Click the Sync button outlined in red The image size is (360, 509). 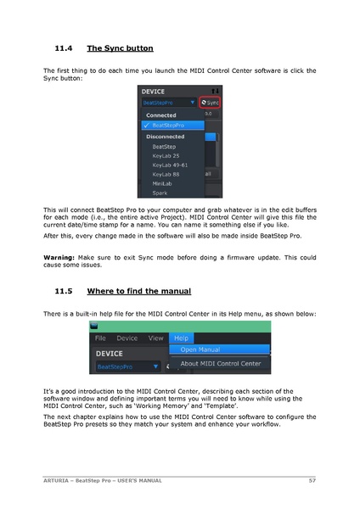point(210,102)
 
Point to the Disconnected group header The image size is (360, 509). point(166,136)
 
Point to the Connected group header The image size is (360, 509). point(161,115)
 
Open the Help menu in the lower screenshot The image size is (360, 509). point(181,338)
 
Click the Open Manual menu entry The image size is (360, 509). point(200,350)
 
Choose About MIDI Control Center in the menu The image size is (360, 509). point(221,363)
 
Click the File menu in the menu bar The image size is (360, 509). point(101,338)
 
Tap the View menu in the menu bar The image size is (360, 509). point(155,338)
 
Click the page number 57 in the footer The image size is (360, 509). point(312,481)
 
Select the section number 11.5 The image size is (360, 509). point(64,291)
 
